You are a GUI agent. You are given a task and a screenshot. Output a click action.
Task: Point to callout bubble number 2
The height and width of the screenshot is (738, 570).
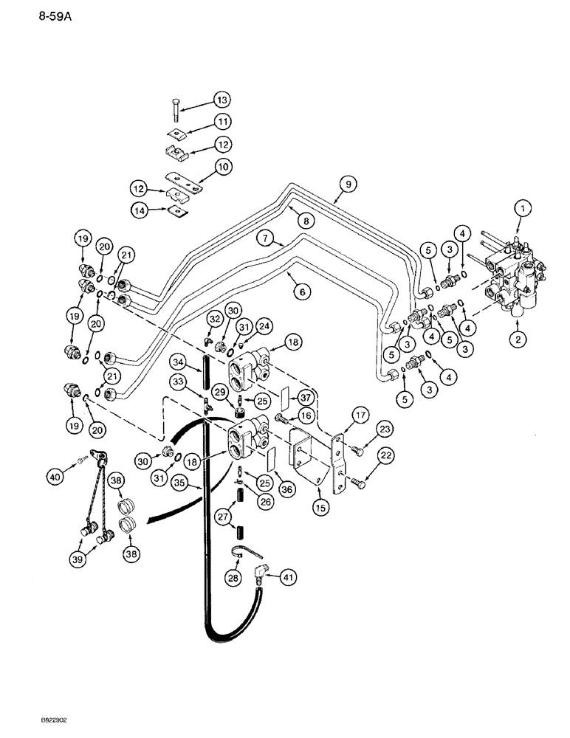[x=517, y=339]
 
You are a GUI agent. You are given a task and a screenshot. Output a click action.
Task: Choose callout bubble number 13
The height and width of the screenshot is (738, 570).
[x=222, y=99]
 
